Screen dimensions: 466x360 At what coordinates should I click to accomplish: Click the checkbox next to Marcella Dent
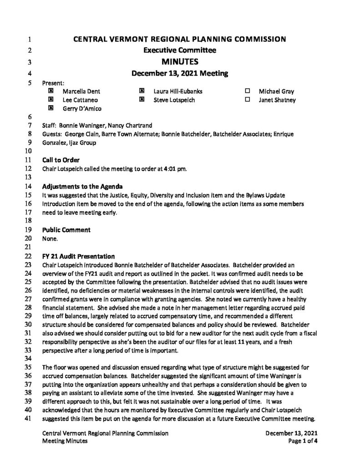click(51, 91)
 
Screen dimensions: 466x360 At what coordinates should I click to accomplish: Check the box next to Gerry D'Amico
click(51, 108)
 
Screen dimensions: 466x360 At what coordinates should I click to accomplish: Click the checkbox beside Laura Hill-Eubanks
click(142, 91)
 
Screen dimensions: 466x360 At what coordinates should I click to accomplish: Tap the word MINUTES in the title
click(180, 61)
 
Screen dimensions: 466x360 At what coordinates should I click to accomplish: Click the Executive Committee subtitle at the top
click(180, 50)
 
